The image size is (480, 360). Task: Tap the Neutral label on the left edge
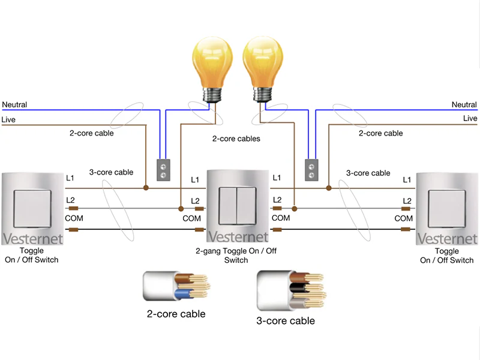(14, 105)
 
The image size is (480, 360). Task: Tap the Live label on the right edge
(470, 118)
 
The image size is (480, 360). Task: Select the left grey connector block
(163, 170)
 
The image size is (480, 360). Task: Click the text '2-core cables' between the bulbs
(236, 139)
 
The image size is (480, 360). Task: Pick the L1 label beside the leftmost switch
(70, 178)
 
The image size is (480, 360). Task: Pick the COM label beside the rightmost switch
(404, 218)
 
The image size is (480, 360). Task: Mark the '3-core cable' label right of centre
(368, 173)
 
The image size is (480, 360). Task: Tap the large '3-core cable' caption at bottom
(285, 321)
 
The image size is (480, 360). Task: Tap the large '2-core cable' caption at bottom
(176, 314)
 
